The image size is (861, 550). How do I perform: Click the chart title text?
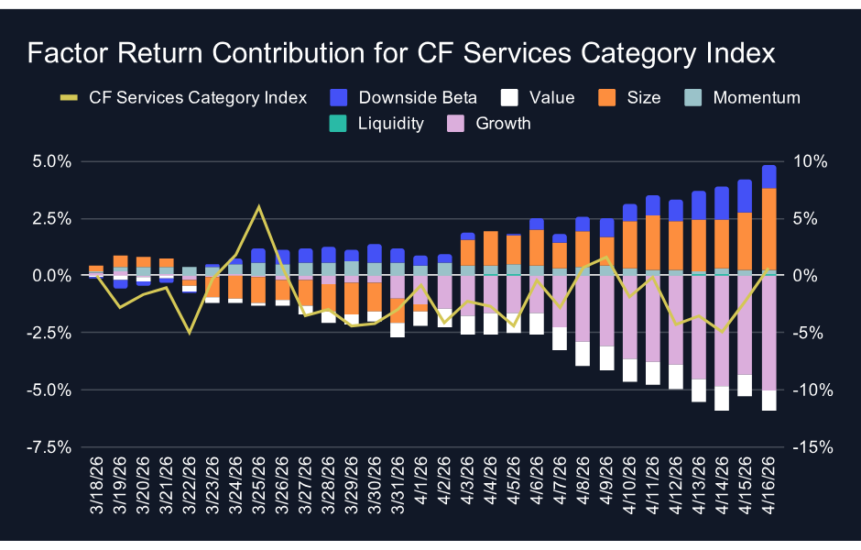coord(401,54)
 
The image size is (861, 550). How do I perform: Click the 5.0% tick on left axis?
coord(51,161)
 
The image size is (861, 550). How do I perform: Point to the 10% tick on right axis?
coord(811,161)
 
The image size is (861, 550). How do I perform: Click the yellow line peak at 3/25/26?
coord(258,206)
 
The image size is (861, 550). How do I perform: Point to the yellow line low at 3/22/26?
coord(190,332)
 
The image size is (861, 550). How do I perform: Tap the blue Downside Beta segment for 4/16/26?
coord(769,177)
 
